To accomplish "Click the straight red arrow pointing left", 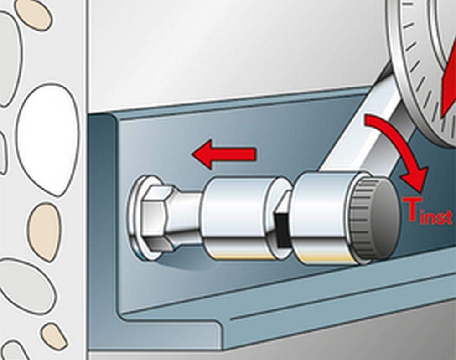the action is [x=224, y=154].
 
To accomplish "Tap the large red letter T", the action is [x=411, y=210].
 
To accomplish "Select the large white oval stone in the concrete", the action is [x=47, y=139].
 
